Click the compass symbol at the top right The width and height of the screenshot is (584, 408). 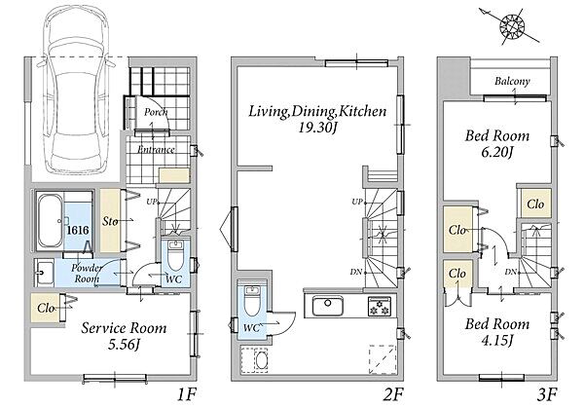point(512,26)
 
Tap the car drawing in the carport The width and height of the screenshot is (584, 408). point(76,90)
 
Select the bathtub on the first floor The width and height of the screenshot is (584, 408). point(50,221)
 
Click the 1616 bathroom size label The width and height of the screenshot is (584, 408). point(78,230)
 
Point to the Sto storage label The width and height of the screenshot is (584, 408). point(110,221)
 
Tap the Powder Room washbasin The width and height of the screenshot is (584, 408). point(45,273)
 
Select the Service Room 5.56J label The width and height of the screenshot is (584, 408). point(124,336)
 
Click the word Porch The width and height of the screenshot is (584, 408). point(156,112)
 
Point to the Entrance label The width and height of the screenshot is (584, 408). point(156,150)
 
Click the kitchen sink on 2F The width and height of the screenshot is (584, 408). point(327,306)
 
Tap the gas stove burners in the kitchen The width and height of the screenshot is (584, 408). point(380,307)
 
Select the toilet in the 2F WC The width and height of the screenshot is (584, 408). point(253,300)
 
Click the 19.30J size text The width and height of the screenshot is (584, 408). point(317,129)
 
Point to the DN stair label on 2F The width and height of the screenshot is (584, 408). point(356,273)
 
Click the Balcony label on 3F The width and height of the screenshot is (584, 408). point(512,81)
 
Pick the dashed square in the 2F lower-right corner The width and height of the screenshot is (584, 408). point(383,359)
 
